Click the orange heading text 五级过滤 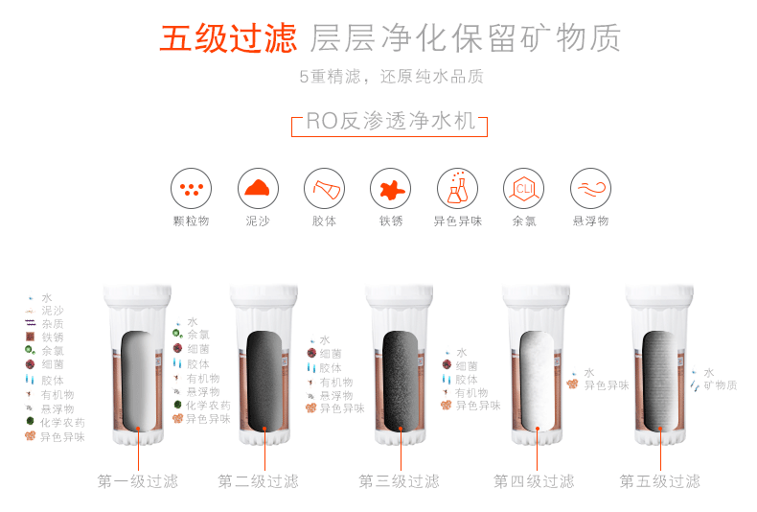228,38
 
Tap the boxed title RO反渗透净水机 390,121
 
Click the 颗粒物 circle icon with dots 192,188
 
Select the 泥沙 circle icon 258,188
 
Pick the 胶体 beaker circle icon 325,188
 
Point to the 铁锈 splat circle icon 391,188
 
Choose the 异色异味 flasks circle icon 457,188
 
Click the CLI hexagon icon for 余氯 524,188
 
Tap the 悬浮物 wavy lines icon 590,188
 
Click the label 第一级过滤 138,481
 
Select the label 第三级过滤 399,481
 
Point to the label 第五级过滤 659,481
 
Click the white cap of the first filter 138,294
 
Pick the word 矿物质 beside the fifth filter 721,385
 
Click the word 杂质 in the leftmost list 53,324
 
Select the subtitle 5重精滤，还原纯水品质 392,77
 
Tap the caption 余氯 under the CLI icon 524,221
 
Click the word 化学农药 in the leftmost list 62,423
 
